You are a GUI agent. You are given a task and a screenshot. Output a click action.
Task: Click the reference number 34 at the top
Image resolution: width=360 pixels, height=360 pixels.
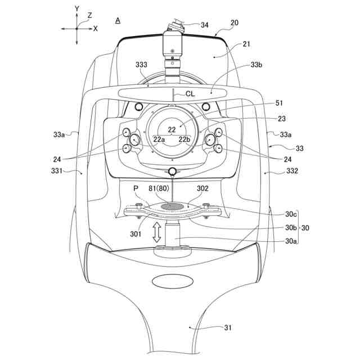tap(204, 25)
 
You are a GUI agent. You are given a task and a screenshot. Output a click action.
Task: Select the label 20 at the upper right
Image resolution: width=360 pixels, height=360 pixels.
tap(234, 22)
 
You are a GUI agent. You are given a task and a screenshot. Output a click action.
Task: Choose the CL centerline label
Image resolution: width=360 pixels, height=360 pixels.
tap(191, 94)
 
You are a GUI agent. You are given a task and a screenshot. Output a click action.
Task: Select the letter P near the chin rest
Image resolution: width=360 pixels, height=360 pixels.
tap(136, 189)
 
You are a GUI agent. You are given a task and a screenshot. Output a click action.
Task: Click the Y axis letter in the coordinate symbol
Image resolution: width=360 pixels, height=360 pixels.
tap(77, 10)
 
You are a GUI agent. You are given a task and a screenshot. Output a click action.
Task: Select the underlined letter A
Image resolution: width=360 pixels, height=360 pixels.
tap(118, 20)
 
